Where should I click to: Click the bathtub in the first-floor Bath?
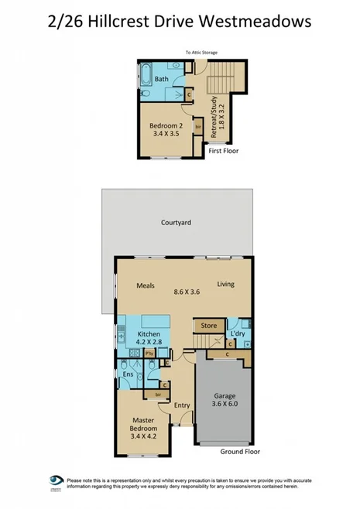pyautogui.click(x=145, y=77)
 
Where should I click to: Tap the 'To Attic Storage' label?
pyautogui.click(x=201, y=53)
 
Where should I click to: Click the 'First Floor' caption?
pyautogui.click(x=223, y=151)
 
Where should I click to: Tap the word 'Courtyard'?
pyautogui.click(x=176, y=222)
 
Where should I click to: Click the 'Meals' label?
pyautogui.click(x=146, y=285)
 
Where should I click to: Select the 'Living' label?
pyautogui.click(x=225, y=284)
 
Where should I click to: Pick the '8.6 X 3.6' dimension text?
pyautogui.click(x=187, y=292)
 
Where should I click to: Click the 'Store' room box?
pyautogui.click(x=209, y=326)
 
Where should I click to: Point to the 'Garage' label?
pyautogui.click(x=225, y=395)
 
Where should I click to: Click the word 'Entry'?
pyautogui.click(x=182, y=405)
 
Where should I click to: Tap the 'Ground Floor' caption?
pyautogui.click(x=239, y=452)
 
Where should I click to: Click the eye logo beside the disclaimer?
pyautogui.click(x=56, y=480)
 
